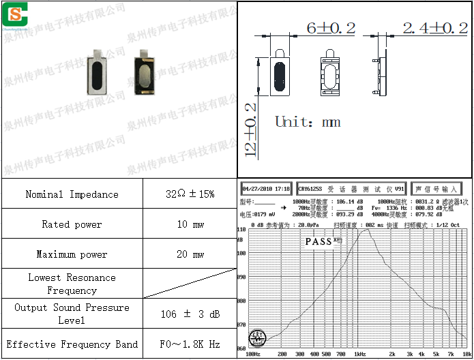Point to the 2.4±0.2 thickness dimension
coord(434,28)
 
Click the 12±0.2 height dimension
coord(251,128)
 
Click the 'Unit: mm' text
coord(307,123)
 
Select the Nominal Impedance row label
coord(72,194)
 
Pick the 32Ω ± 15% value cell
coord(190,194)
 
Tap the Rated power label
coord(72,224)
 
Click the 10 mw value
coord(190,224)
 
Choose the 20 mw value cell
coord(190,254)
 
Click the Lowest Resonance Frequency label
coord(72,284)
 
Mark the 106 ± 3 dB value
coord(190,314)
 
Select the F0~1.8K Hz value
coord(190,344)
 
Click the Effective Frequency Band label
coord(72,344)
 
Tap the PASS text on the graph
coord(318,241)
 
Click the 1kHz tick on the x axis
coord(360,355)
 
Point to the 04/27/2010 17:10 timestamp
coord(266,188)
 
